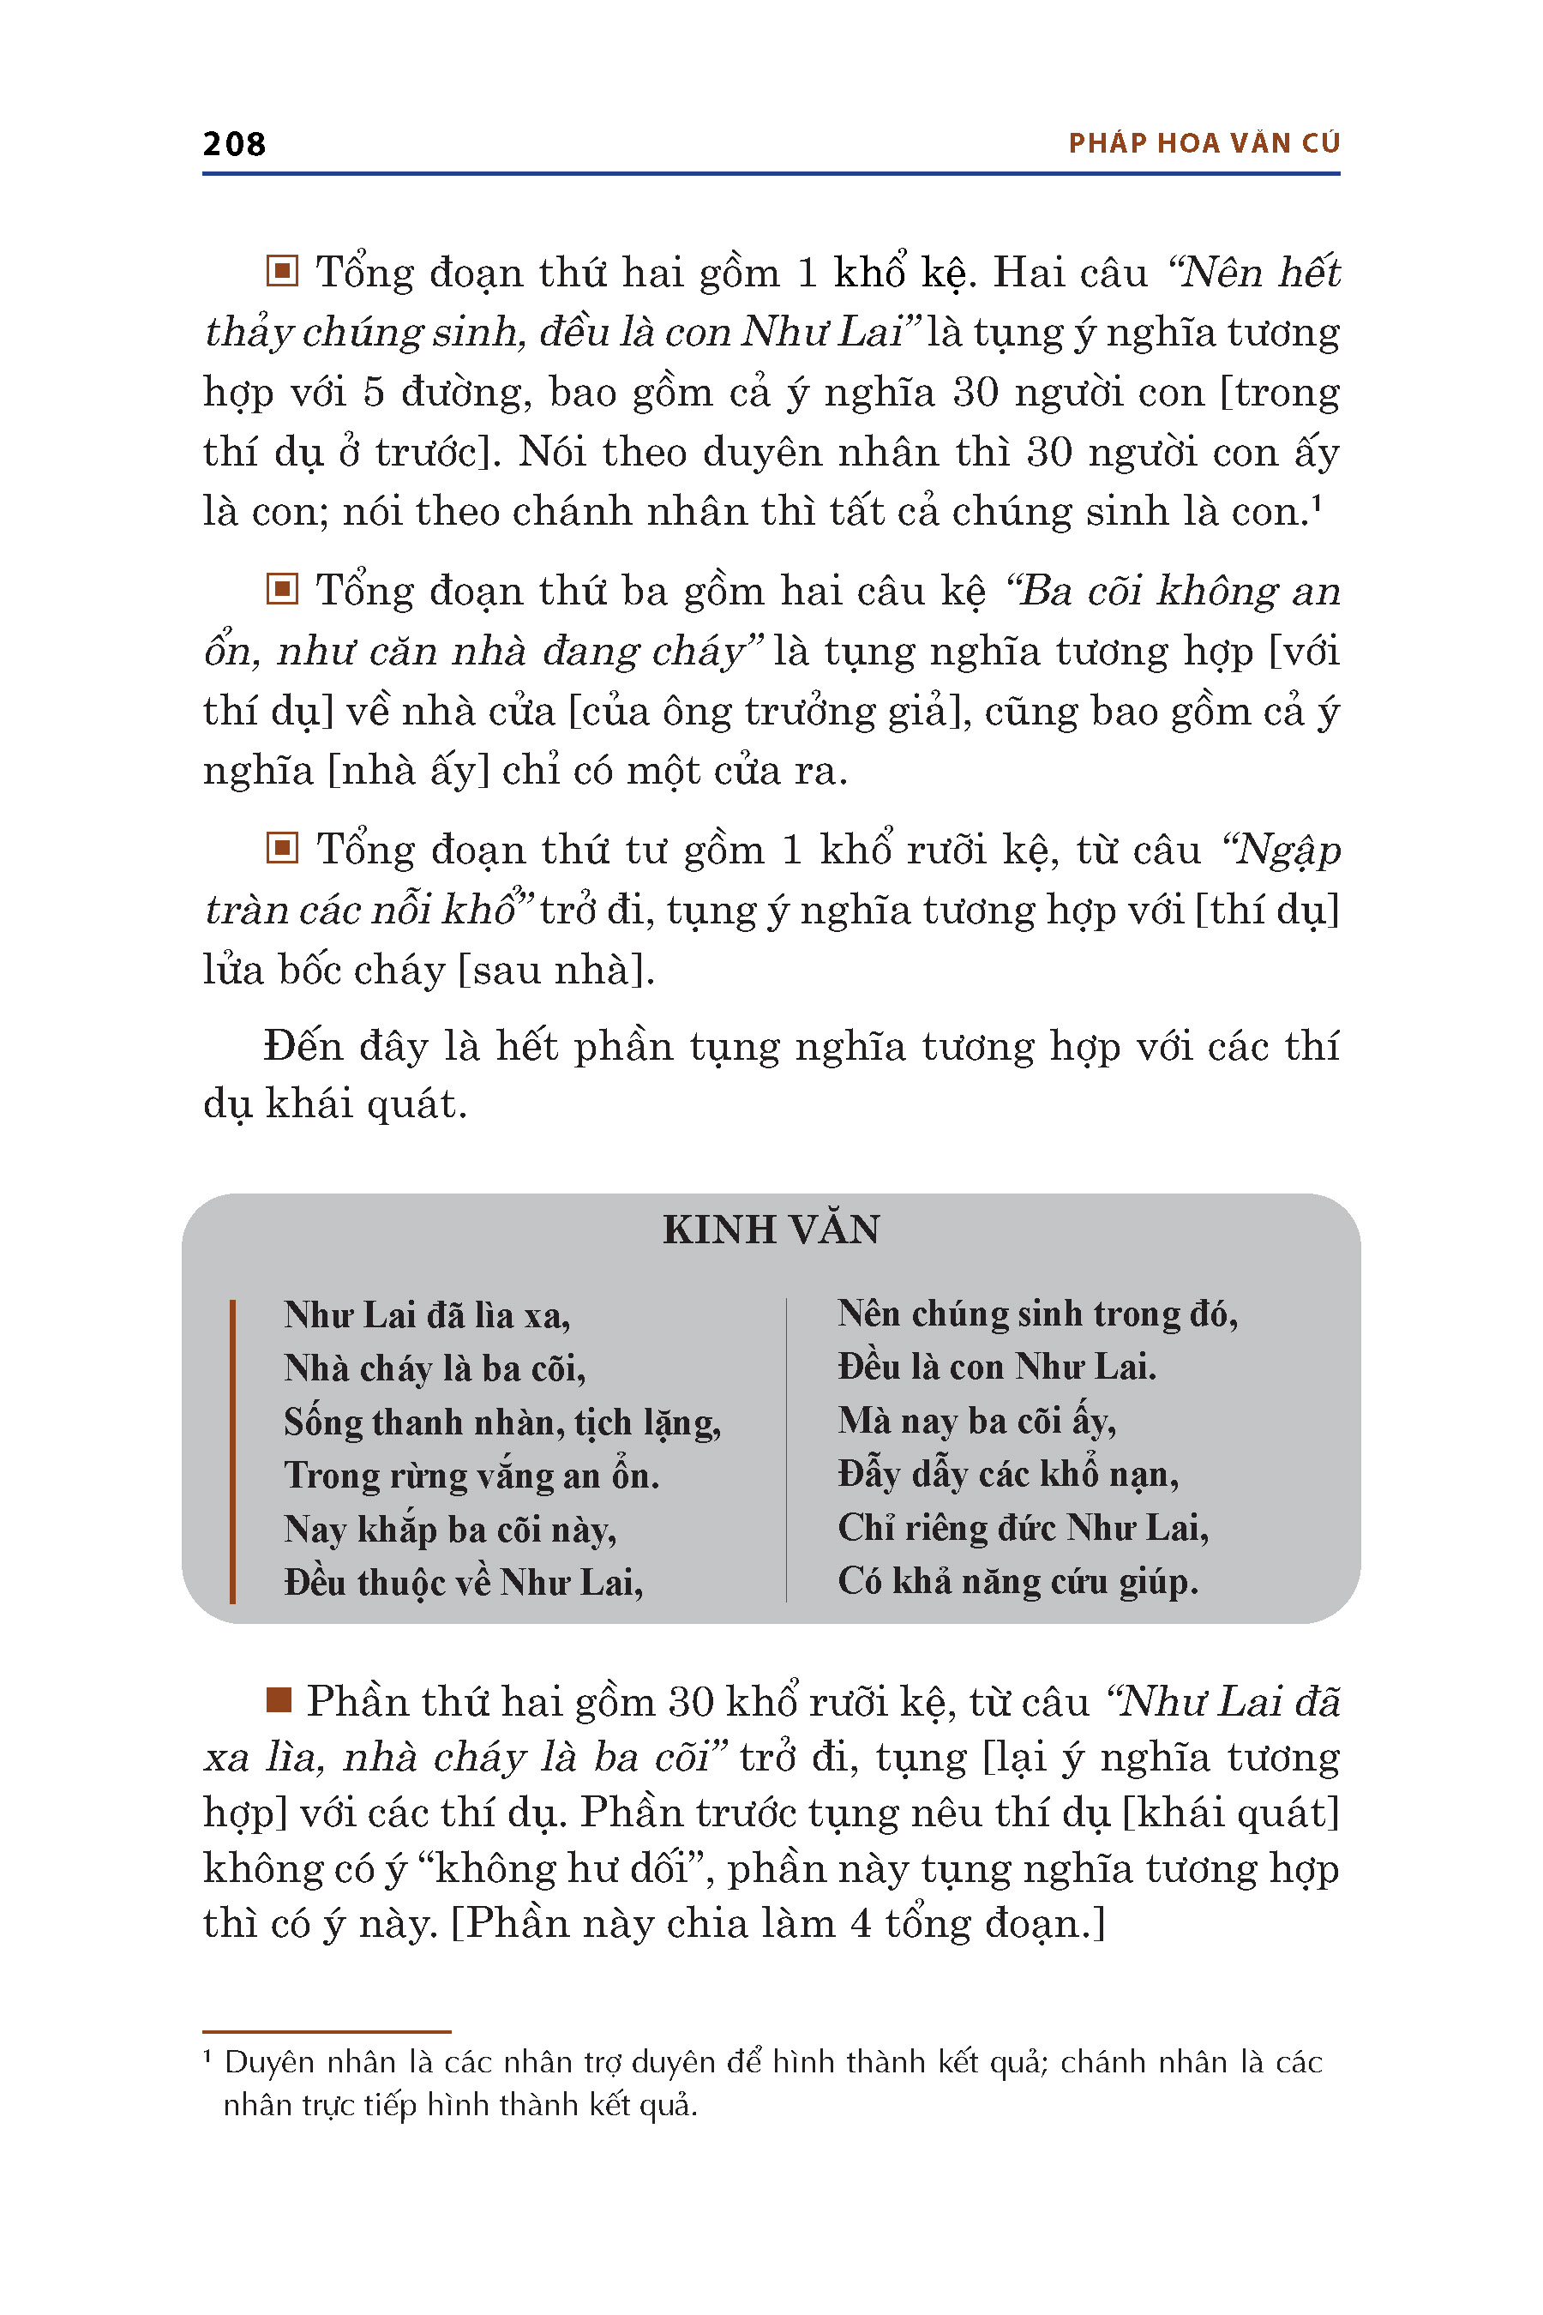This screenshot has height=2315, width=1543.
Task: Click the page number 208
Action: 234,144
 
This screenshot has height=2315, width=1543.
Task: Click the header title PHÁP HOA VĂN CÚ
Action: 1204,144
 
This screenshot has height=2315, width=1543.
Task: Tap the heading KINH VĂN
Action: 771,1230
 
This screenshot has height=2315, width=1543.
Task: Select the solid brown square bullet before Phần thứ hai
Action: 279,1700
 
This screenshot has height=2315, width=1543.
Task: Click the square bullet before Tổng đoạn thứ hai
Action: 281,271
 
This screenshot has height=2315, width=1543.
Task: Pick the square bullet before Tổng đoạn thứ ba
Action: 281,588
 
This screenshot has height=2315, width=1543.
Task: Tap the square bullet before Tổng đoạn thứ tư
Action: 281,847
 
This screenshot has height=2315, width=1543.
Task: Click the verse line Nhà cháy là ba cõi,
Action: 434,1368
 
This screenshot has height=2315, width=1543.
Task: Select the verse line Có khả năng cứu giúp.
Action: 1018,1581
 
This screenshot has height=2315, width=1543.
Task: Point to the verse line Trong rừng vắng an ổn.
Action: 471,1475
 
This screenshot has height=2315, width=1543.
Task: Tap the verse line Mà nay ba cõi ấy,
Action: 976,1421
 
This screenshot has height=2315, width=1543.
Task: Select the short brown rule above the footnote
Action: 326,2031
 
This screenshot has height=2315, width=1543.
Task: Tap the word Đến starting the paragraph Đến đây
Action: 302,1045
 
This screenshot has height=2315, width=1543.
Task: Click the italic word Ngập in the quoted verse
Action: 1288,850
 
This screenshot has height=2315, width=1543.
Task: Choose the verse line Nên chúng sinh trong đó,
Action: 1037,1314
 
